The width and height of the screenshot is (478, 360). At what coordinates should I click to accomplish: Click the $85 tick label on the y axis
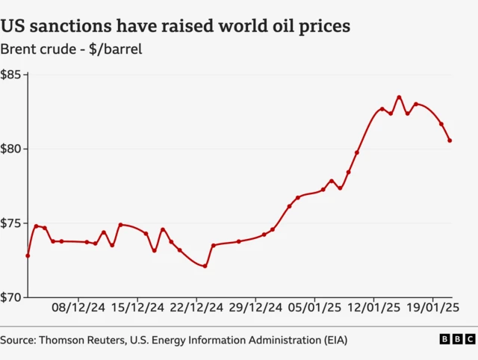point(13,75)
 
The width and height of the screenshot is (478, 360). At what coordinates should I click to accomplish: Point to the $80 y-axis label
point(13,149)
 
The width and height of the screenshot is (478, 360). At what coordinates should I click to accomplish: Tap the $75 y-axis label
point(13,223)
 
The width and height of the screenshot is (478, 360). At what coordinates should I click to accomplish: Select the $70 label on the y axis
point(13,297)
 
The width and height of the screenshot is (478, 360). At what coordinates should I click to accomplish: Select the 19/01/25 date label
point(432,307)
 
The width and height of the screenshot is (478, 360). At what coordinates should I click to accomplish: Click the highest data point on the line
point(399,97)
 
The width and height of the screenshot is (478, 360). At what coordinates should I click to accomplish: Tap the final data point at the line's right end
point(450,140)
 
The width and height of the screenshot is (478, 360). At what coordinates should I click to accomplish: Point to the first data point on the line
point(28,255)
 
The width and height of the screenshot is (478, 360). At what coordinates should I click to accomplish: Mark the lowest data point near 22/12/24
point(205,266)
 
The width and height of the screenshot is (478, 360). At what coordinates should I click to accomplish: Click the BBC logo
point(456,340)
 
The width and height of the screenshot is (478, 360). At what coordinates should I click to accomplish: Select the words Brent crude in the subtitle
point(37,50)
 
